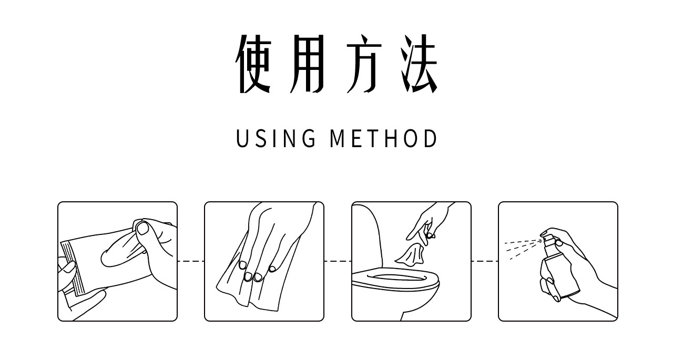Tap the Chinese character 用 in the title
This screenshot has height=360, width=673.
(307, 64)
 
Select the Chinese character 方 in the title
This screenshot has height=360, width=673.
(364, 64)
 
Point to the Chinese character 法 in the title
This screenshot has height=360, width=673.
(419, 64)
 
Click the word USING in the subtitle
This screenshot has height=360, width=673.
(276, 138)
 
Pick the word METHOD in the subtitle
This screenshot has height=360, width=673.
(383, 138)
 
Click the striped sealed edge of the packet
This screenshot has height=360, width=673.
(73, 268)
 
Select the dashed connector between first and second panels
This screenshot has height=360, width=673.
(191, 261)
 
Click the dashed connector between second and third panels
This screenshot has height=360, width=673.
(338, 261)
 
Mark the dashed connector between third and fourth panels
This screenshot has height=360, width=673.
(485, 261)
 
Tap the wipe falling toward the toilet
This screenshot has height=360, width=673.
(410, 255)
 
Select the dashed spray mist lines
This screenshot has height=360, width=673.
(523, 248)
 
